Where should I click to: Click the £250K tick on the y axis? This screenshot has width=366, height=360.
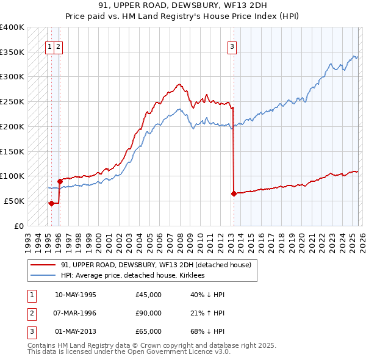(12, 101)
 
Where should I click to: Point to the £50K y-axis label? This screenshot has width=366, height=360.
(14, 201)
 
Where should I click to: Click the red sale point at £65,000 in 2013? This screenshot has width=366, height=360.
(234, 193)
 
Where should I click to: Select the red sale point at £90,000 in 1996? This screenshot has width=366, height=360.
(60, 181)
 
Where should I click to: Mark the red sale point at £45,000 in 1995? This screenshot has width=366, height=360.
(51, 203)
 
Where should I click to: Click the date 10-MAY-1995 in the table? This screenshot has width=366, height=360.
(76, 295)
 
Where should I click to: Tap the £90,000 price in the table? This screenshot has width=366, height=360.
(149, 313)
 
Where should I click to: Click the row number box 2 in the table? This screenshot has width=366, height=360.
(31, 313)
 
